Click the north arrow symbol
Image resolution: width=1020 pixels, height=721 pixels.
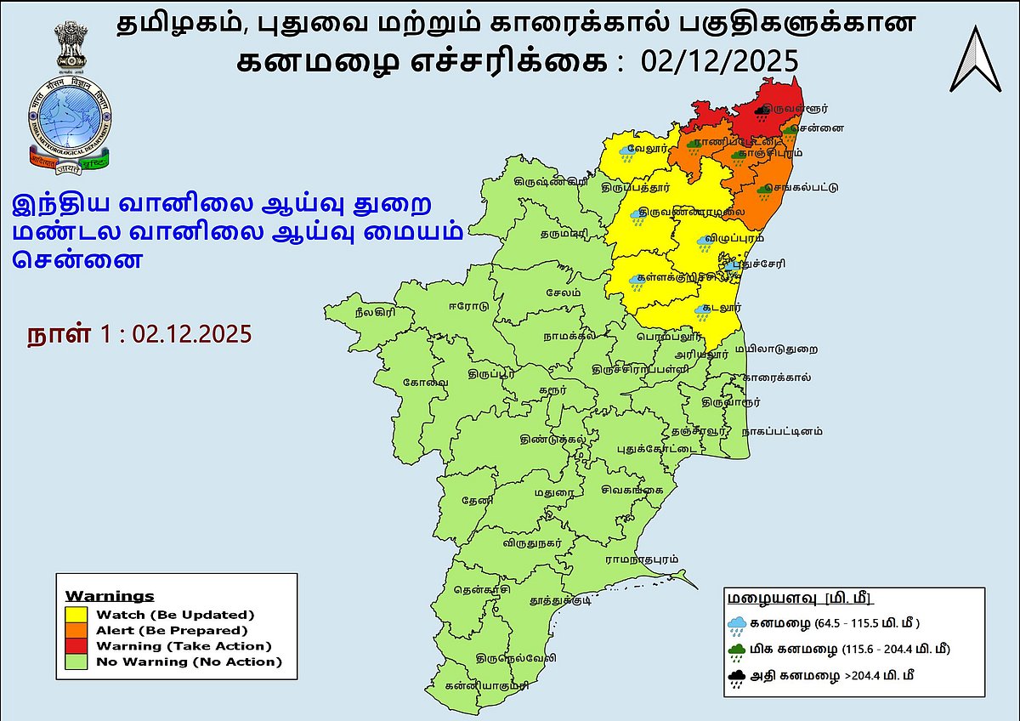pos(975,59)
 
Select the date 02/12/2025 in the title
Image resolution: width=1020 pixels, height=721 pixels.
pos(720,61)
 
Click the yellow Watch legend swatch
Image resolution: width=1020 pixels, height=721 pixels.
pos(80,614)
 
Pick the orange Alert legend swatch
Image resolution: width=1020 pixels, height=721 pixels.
pos(80,630)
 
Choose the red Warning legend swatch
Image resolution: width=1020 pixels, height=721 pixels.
pos(80,645)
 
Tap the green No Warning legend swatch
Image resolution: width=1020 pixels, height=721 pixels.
pos(80,661)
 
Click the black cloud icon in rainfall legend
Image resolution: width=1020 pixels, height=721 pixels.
pos(737,678)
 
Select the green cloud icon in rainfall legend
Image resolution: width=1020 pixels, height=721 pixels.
pos(737,650)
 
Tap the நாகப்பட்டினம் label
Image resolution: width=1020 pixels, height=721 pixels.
pos(782,431)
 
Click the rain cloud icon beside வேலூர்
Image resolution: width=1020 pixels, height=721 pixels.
pos(627,153)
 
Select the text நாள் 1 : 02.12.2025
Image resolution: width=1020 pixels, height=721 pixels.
pos(139,333)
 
